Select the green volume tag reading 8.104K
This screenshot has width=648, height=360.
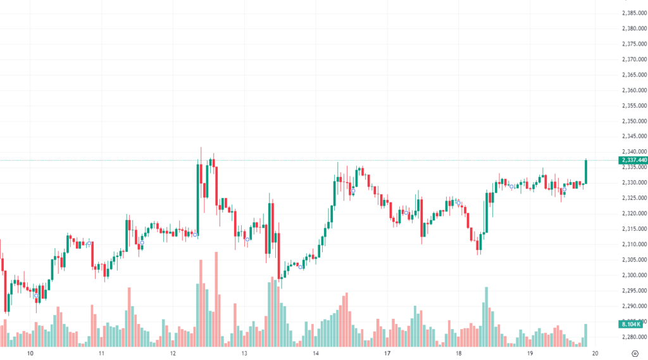631,323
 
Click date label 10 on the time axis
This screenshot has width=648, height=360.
30,354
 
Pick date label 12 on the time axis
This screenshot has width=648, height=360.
173,354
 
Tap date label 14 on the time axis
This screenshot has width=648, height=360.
316,354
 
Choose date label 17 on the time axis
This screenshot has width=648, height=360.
387,354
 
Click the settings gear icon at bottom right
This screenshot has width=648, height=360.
635,354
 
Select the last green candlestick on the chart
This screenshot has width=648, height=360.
586,172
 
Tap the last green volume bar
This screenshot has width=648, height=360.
586,335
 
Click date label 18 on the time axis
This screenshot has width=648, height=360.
459,354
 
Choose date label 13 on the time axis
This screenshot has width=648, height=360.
244,354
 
